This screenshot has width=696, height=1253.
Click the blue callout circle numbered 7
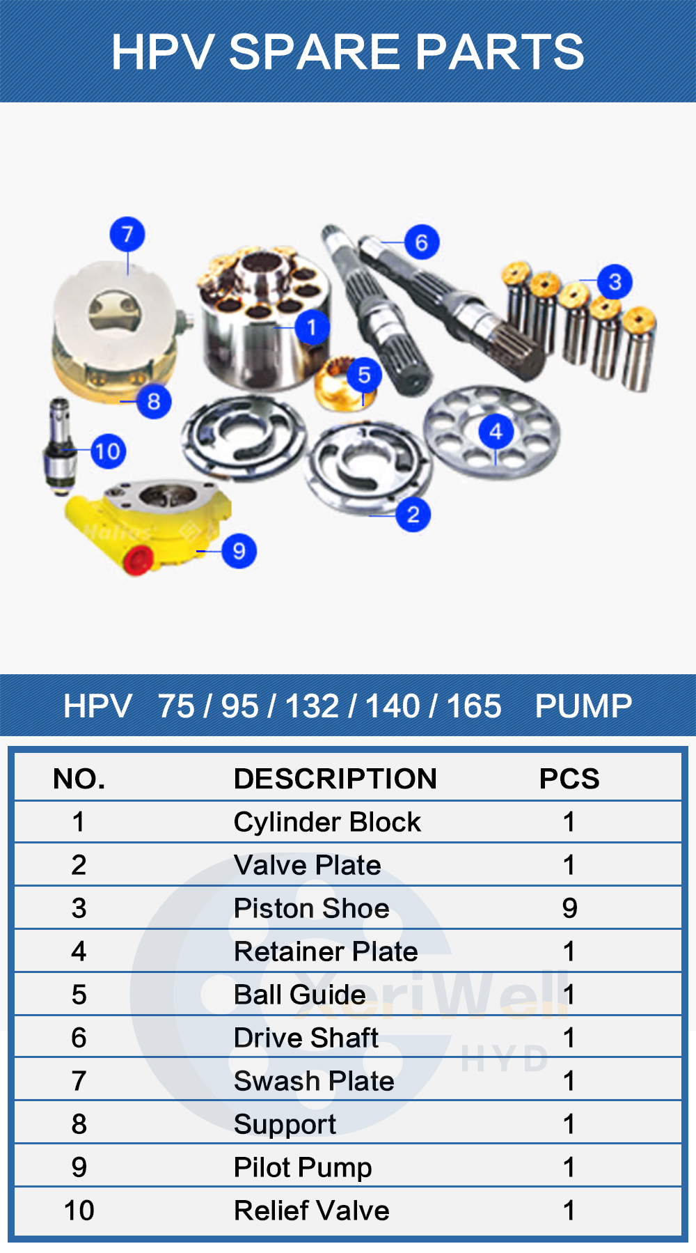127,235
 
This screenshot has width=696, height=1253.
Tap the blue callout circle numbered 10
108,451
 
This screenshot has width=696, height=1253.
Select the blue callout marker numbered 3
615,282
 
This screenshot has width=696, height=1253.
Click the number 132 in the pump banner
312,706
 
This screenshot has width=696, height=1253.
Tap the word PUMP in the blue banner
583,706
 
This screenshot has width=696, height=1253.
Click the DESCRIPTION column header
335,779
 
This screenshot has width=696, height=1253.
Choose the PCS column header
569,779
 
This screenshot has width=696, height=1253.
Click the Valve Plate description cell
307,865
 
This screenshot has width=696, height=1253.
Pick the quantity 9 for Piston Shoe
569,908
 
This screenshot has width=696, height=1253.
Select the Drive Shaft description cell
306,1038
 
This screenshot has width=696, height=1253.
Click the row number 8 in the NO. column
79,1124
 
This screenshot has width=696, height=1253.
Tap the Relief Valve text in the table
311,1211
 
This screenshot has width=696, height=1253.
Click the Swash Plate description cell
314,1081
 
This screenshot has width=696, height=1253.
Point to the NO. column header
79,779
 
